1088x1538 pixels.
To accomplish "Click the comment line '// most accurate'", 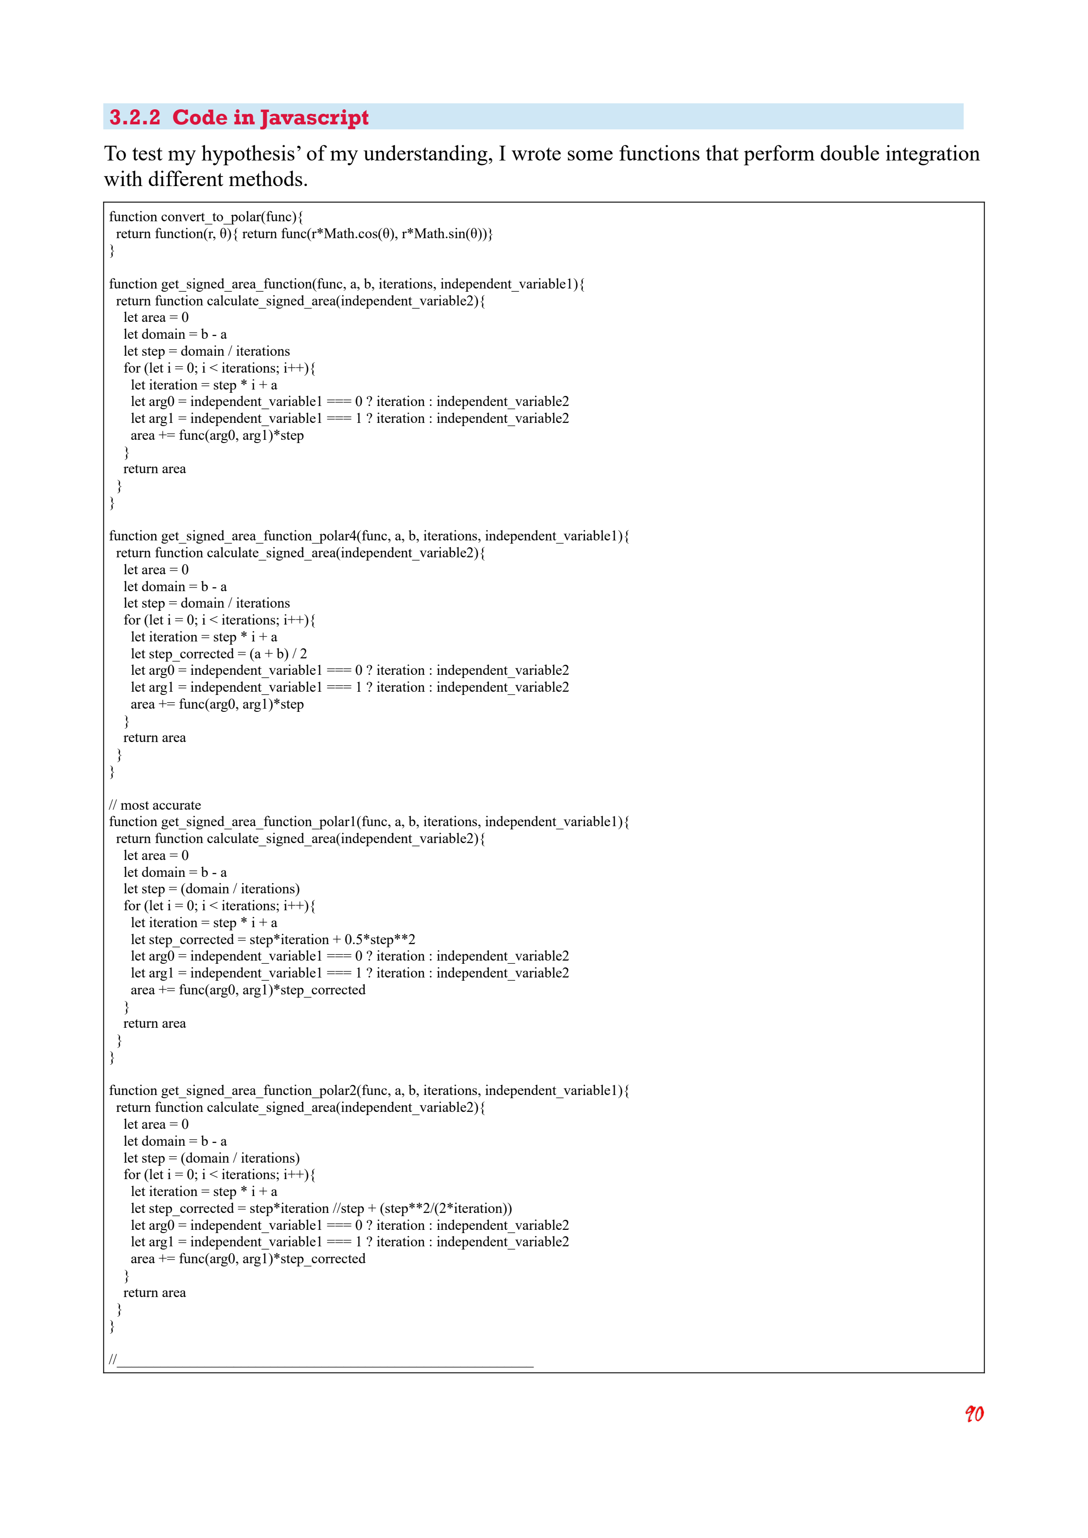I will pyautogui.click(x=155, y=805).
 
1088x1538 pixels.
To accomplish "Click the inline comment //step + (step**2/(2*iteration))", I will pyautogui.click(x=422, y=1208).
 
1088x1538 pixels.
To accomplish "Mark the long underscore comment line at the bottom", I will pyautogui.click(x=321, y=1359).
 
